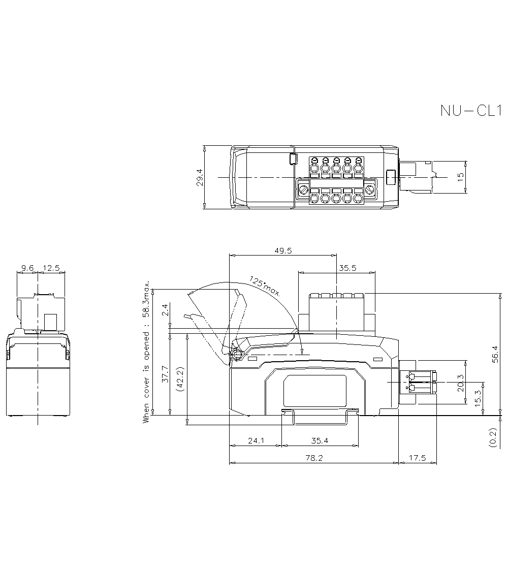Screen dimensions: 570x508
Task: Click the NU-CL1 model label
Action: click(x=471, y=111)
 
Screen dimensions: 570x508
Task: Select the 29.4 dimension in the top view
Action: click(x=200, y=177)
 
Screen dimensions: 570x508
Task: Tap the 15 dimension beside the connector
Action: click(x=460, y=177)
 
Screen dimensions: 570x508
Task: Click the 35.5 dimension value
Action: click(x=347, y=268)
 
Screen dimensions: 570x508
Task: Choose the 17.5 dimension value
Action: click(x=417, y=458)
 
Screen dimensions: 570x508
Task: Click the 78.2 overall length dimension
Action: click(x=313, y=458)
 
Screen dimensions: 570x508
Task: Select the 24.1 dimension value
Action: click(x=256, y=441)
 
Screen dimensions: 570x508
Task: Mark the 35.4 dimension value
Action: click(x=320, y=441)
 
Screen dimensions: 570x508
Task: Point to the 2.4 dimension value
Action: click(x=164, y=310)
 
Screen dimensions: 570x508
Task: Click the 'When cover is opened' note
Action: click(x=147, y=352)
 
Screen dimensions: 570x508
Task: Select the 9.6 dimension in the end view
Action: click(x=27, y=267)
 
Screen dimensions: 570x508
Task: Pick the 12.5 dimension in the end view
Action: click(x=52, y=267)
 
